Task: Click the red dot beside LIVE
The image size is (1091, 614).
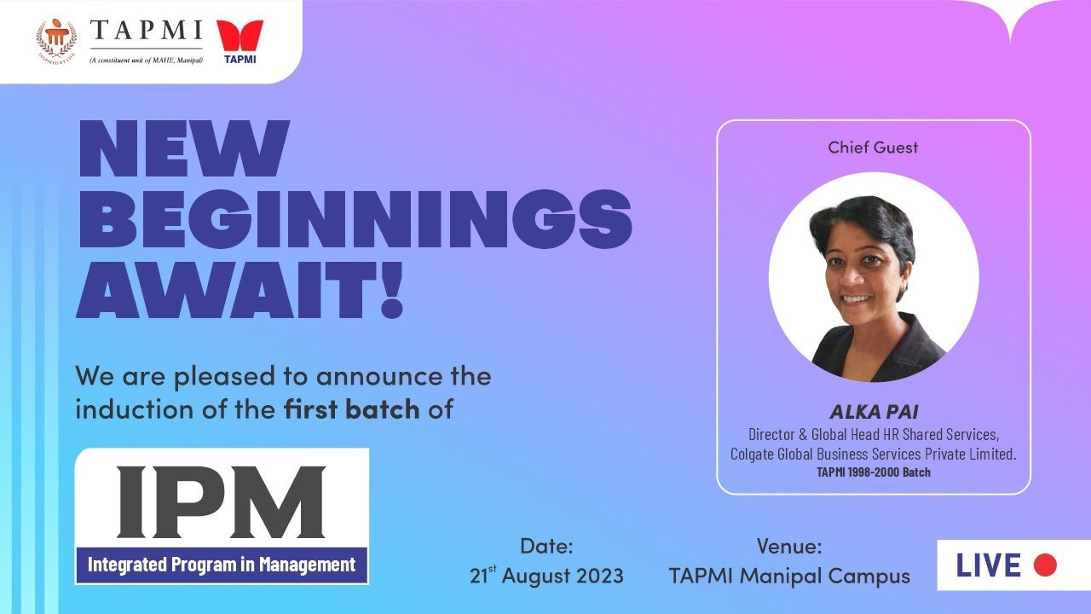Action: tap(1044, 565)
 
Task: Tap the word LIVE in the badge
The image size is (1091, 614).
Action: tap(988, 565)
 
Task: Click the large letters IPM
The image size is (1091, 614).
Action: tap(221, 501)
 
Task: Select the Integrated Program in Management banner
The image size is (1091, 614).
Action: tap(222, 565)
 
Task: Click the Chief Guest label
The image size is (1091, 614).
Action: tap(873, 148)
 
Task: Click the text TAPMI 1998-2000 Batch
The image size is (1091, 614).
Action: tap(873, 472)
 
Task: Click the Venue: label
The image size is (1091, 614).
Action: tap(788, 547)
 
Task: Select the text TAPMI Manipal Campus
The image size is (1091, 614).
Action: tap(789, 576)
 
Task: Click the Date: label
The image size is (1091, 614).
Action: tap(546, 547)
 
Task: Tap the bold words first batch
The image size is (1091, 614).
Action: tap(351, 409)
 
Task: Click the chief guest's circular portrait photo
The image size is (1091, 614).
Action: tap(873, 278)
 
